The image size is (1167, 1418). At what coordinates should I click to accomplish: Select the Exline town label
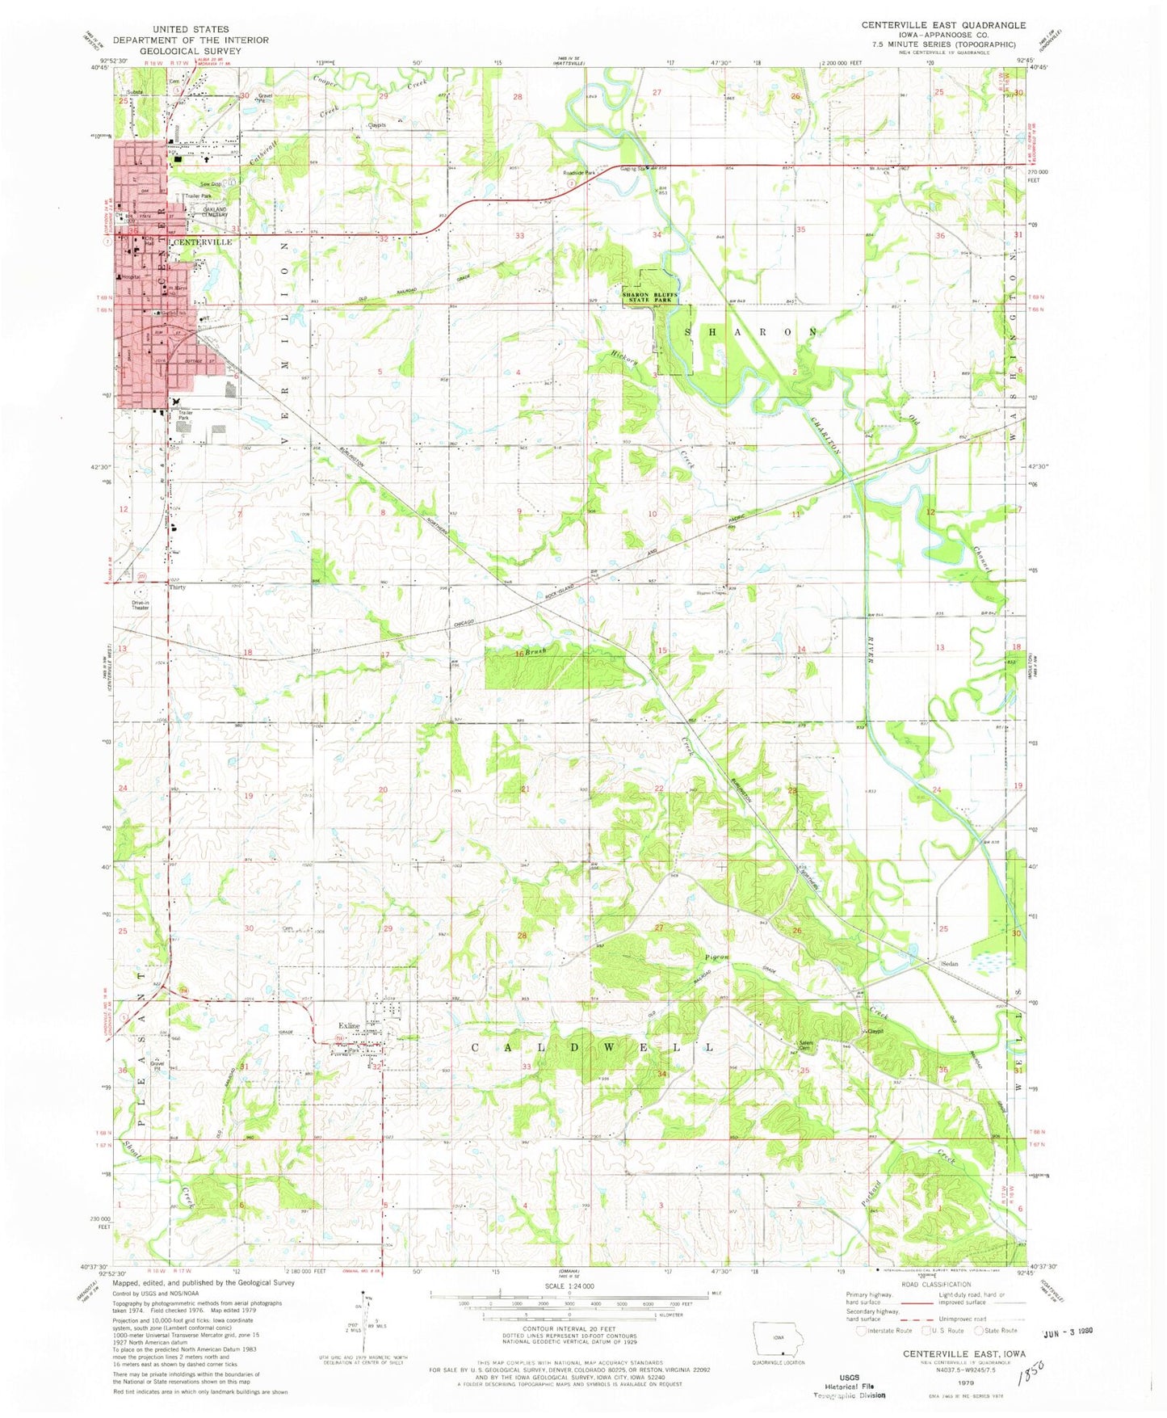pos(349,1026)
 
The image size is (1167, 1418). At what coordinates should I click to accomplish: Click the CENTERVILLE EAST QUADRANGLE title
pos(943,25)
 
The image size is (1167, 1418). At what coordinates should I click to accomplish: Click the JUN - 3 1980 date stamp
pos(1067,1331)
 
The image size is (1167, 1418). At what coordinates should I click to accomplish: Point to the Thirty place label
pos(178,587)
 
